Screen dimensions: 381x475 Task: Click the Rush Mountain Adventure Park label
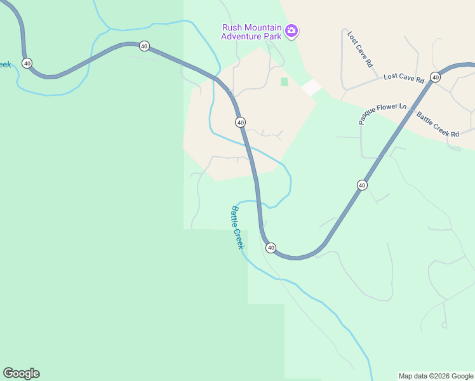click(x=251, y=31)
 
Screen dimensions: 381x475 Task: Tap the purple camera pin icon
click(x=291, y=30)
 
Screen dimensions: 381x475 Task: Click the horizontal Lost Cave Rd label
click(x=403, y=79)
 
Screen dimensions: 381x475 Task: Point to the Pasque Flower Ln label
click(x=382, y=114)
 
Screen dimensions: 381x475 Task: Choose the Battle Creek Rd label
click(x=438, y=124)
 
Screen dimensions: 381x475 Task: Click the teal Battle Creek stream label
click(x=237, y=227)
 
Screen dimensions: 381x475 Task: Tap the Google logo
click(x=21, y=373)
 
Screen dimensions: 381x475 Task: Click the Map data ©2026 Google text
click(x=436, y=376)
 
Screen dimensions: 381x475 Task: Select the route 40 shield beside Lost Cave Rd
click(x=435, y=77)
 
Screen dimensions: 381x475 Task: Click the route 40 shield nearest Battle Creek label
click(x=271, y=248)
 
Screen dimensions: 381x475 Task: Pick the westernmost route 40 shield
click(x=27, y=63)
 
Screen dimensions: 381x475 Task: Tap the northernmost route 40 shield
click(x=145, y=46)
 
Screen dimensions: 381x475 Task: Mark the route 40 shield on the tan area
click(x=240, y=122)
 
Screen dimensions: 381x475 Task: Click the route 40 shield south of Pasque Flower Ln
click(x=362, y=185)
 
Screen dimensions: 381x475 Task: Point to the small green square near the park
click(x=284, y=82)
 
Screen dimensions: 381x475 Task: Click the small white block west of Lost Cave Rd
click(x=311, y=88)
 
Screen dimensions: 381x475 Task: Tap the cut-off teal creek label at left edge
click(x=5, y=65)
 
